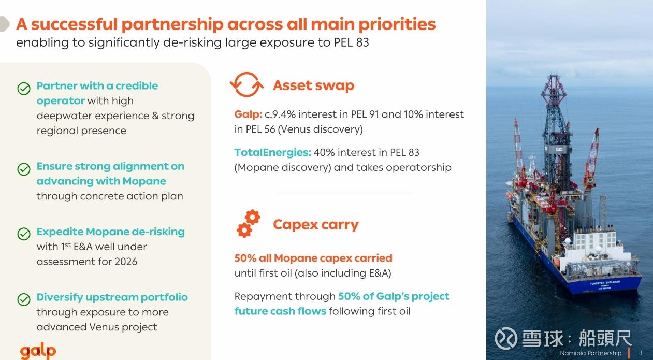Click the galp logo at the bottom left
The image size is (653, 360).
[x=38, y=351]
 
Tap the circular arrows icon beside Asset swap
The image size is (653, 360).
[x=247, y=84]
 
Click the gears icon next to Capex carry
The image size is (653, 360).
[x=249, y=224]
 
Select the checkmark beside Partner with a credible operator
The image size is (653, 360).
[x=24, y=89]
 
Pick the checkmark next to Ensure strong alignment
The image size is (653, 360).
[x=24, y=169]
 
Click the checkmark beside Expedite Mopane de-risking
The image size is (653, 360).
[x=24, y=234]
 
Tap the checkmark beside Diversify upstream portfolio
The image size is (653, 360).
[x=24, y=299]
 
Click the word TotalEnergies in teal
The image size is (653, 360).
[x=273, y=152]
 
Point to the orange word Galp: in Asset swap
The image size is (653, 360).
[x=249, y=114]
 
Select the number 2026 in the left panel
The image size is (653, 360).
[x=126, y=262]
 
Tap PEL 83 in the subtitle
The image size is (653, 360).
[x=351, y=42]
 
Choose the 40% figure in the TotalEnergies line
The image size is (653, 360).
[x=324, y=152]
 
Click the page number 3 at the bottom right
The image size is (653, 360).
[x=641, y=353]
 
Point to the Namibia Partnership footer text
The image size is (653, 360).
[x=591, y=353]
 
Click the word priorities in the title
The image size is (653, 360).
[x=397, y=24]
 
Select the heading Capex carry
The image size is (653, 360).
[x=316, y=225]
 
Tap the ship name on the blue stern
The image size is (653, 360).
[x=605, y=283]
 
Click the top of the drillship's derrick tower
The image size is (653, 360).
[x=554, y=75]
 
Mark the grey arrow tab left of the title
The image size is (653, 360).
[x=4, y=24]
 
